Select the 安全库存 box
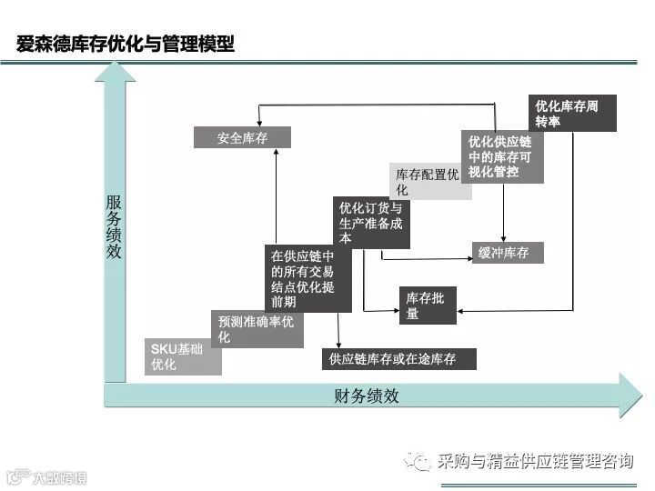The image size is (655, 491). (x=242, y=138)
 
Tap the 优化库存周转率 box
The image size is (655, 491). (x=573, y=114)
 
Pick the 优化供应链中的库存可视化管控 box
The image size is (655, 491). (x=502, y=156)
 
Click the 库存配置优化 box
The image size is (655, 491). (x=427, y=182)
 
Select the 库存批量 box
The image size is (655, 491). (x=428, y=306)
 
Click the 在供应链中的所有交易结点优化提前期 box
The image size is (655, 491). (x=303, y=279)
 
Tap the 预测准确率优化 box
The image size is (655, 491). (x=257, y=329)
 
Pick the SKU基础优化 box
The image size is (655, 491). (x=185, y=357)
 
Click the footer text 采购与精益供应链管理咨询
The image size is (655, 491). (x=534, y=461)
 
